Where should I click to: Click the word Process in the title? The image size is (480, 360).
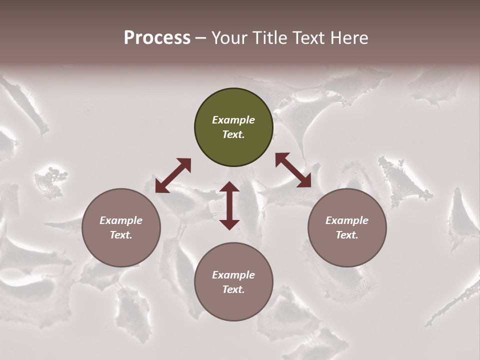click(x=157, y=38)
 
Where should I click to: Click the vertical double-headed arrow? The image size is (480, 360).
click(x=229, y=205)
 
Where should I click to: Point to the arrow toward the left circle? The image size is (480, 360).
click(x=173, y=175)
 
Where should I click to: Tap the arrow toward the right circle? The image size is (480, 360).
click(x=293, y=170)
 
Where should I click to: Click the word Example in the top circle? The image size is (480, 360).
click(x=233, y=120)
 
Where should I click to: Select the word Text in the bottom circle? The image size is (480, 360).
click(x=233, y=289)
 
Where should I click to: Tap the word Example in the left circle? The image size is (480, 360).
click(x=121, y=220)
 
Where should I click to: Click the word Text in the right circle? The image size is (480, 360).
click(x=346, y=235)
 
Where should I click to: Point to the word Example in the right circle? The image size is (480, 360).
click(x=347, y=220)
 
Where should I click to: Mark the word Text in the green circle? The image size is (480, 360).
click(x=233, y=134)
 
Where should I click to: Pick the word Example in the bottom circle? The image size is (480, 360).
click(x=233, y=275)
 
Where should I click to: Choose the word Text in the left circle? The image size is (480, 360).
click(x=120, y=235)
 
